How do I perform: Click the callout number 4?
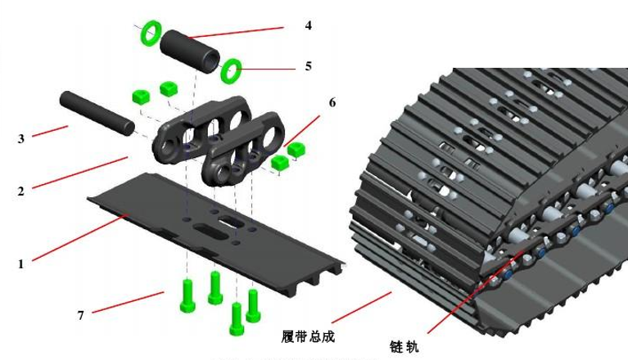coord(308,25)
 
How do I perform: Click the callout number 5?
coord(308,65)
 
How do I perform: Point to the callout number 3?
coord(21,139)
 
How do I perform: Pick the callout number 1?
coord(21,263)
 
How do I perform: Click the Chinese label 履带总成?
coord(309,335)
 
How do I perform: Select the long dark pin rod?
coord(95,114)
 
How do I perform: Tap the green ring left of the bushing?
coord(150,34)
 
